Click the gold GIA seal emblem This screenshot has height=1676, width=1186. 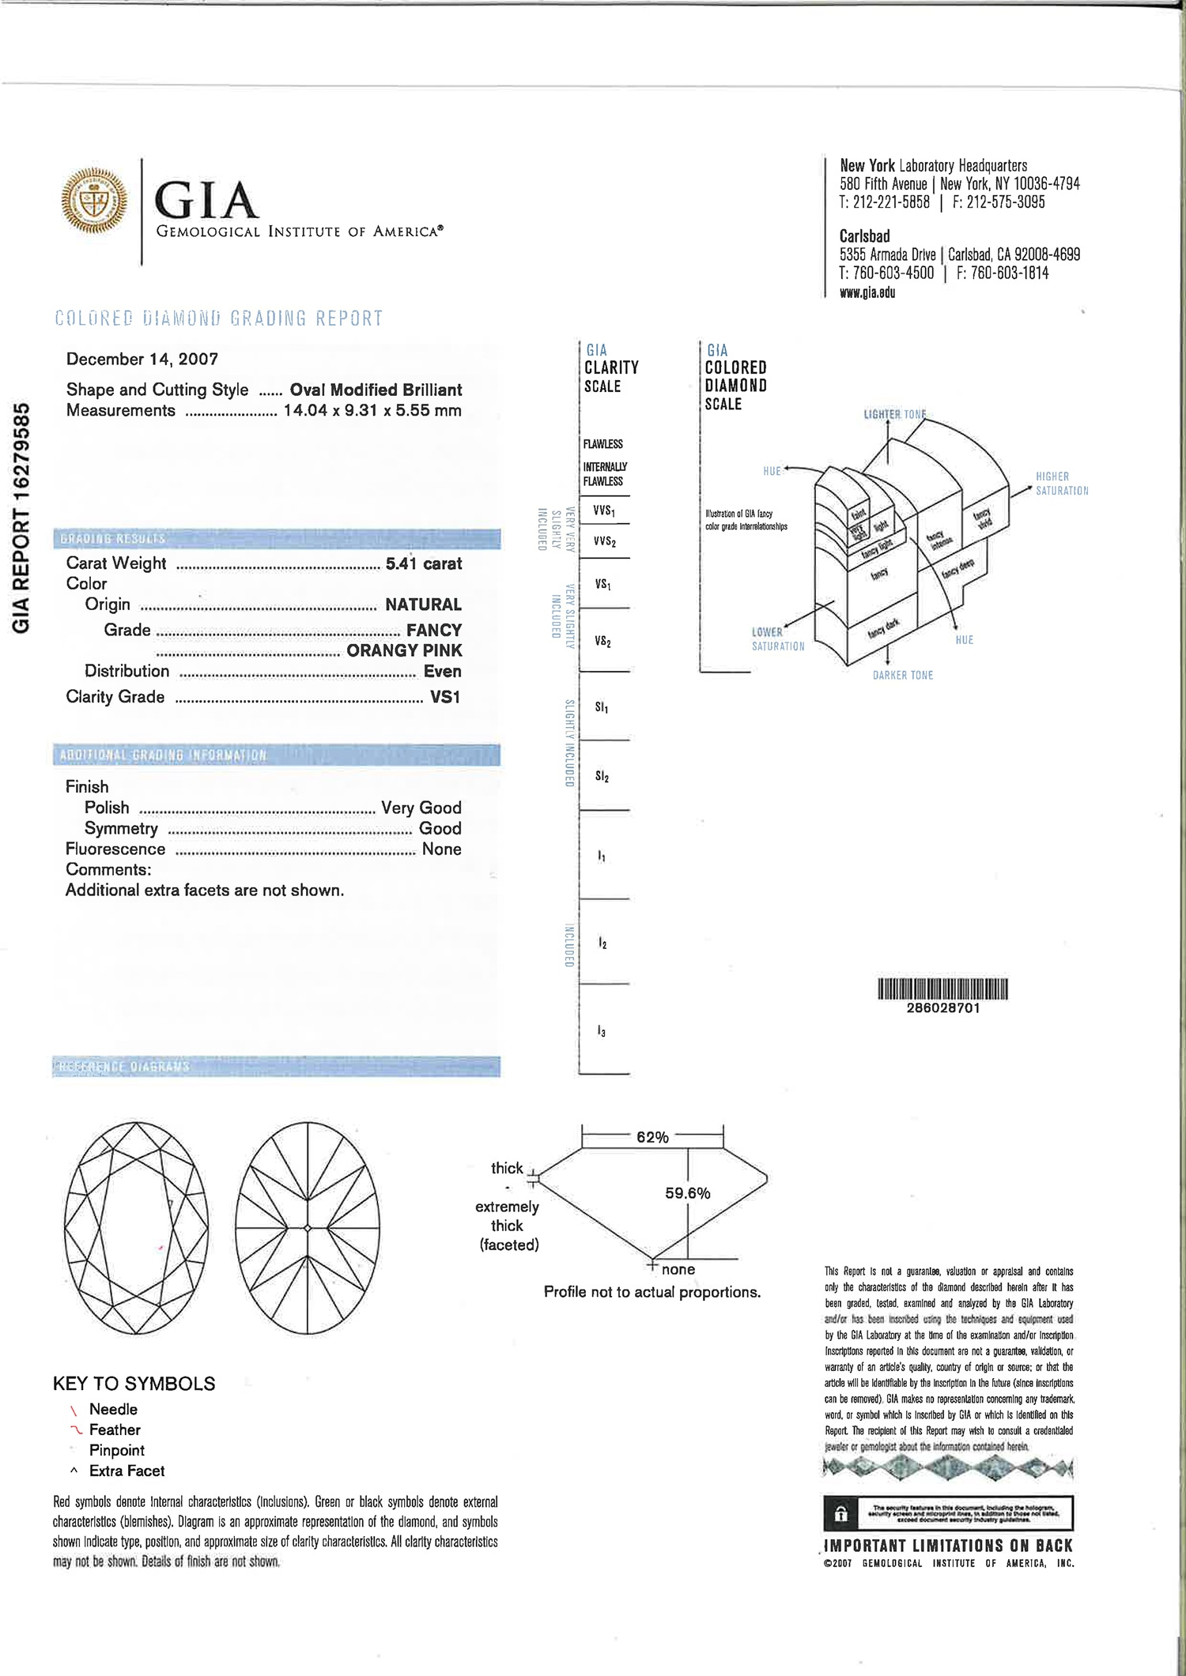[x=94, y=201]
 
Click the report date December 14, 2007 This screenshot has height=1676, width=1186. [x=142, y=360]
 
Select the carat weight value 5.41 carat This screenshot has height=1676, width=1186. [x=423, y=563]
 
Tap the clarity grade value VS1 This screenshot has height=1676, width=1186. [x=444, y=697]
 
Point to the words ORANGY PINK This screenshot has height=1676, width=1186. [x=404, y=650]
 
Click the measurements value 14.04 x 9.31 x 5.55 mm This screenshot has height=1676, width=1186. [x=372, y=411]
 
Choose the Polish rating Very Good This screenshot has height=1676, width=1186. [x=421, y=808]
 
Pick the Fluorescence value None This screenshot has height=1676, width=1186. [x=441, y=849]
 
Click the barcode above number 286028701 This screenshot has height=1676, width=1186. [x=942, y=989]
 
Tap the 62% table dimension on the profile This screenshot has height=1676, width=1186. [x=652, y=1137]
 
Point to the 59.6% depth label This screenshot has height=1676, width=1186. [x=687, y=1193]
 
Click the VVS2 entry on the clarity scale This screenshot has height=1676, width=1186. [x=605, y=541]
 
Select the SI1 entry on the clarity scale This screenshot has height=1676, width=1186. [x=602, y=707]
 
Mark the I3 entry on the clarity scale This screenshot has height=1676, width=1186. [x=602, y=1031]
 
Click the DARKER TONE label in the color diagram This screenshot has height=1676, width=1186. [x=903, y=676]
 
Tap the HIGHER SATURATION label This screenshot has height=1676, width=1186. [x=1061, y=484]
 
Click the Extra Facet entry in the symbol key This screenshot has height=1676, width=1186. [x=127, y=1471]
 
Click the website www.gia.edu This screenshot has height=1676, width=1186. [x=867, y=292]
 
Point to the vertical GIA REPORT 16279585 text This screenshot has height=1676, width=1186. [x=22, y=518]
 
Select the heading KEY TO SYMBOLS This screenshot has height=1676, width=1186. [x=134, y=1384]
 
